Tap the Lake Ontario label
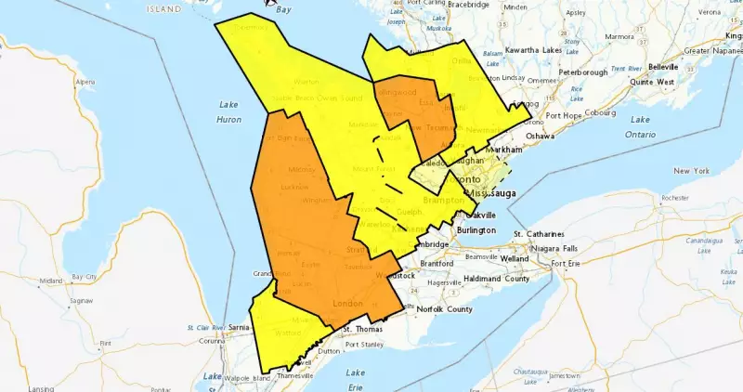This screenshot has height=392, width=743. click(641, 126)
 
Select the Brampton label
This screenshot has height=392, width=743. click(444, 200)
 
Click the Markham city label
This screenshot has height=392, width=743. click(505, 150)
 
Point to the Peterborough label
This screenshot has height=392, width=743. click(582, 72)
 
